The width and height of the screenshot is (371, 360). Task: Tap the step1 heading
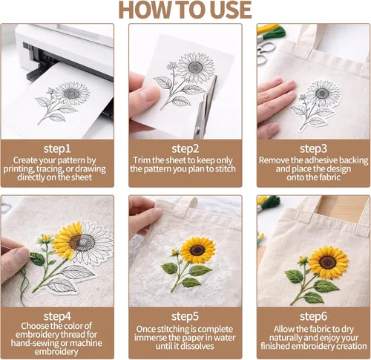[x=57, y=148]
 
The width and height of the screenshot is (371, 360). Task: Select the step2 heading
[x=185, y=148]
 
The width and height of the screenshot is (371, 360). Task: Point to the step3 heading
[x=313, y=148]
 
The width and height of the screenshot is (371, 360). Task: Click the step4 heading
[x=57, y=316]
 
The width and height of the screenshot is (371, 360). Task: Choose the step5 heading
[x=185, y=316]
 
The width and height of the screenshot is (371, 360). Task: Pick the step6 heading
[x=313, y=316]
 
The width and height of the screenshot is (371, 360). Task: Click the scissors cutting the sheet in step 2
[x=205, y=109]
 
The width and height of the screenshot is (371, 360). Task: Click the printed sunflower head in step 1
[x=72, y=94]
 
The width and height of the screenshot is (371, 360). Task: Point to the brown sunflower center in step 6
[x=328, y=262]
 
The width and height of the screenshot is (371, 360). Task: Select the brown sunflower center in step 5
[x=197, y=250]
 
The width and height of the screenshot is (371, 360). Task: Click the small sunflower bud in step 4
[x=45, y=238]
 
